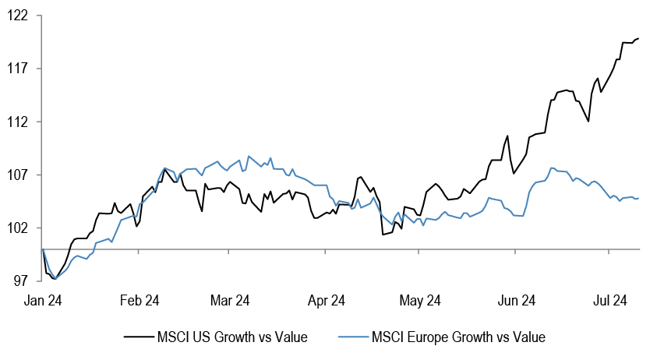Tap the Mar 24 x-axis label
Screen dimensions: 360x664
(x=231, y=300)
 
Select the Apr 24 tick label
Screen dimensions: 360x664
(x=327, y=300)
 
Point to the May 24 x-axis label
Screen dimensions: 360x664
(x=421, y=300)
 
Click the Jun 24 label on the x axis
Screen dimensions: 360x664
(x=517, y=300)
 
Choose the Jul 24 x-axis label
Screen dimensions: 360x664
(x=610, y=300)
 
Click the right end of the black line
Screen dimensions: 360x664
(x=639, y=38)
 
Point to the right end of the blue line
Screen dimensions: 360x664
(x=639, y=198)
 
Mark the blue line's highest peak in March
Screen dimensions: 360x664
(x=249, y=156)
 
